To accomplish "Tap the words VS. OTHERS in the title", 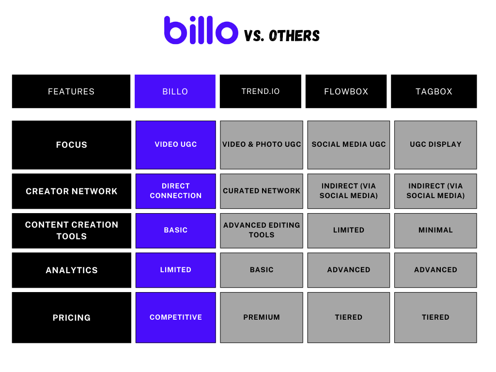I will [282, 35].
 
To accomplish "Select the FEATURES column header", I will [71, 91].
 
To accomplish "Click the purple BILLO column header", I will [175, 91].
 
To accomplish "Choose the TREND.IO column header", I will [261, 91].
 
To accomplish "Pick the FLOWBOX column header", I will [346, 91].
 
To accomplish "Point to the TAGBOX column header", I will [434, 91].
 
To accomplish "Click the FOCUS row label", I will [71, 145].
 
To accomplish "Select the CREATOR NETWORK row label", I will [71, 191].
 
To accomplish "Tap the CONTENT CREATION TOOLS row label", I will [71, 231].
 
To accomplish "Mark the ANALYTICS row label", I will [71, 270].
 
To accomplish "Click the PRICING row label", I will [71, 318].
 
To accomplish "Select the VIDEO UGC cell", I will [175, 144].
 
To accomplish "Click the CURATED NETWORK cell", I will [262, 191].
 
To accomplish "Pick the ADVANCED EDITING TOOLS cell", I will [262, 230].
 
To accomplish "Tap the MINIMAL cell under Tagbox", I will [435, 230].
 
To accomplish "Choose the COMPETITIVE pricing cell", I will [175, 317].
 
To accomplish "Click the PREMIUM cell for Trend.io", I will [262, 317].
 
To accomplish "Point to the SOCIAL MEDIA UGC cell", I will [348, 144].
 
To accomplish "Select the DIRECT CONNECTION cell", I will [175, 191].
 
